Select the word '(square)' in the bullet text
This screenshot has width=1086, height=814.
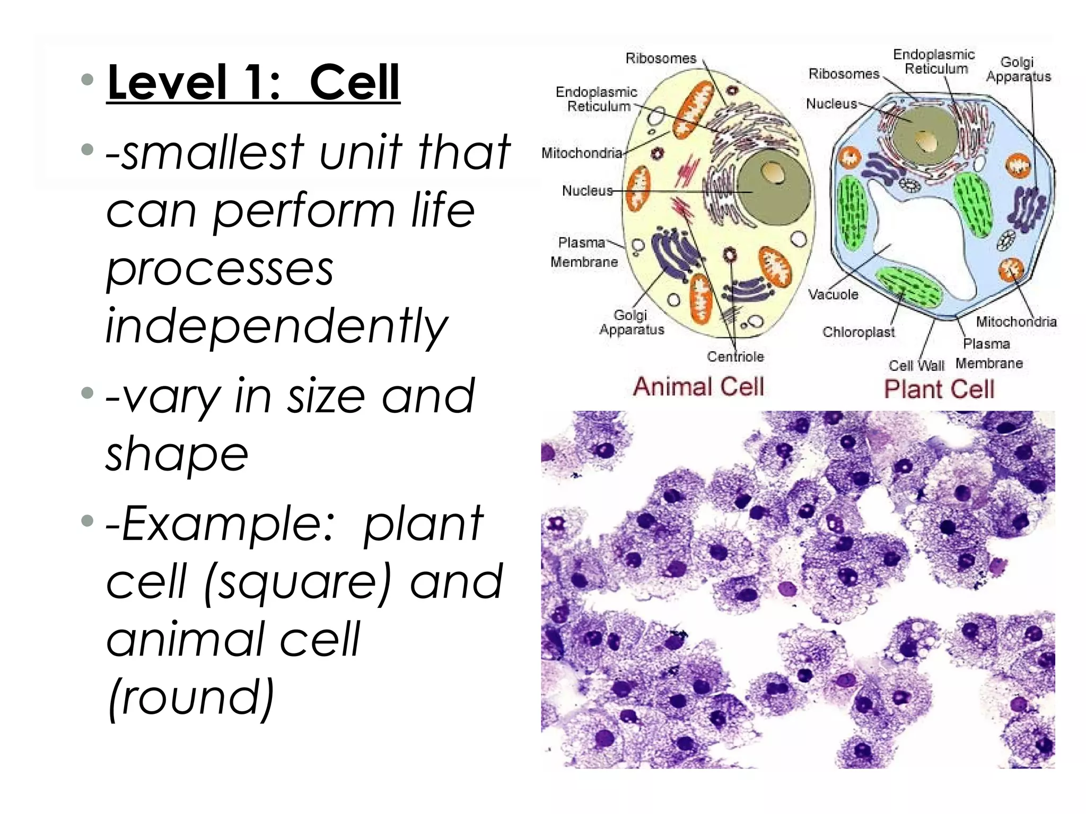point(297,582)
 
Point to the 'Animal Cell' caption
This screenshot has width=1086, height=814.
point(698,386)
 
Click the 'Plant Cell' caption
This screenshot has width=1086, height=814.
point(939,389)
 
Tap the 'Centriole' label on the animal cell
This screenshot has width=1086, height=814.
point(735,357)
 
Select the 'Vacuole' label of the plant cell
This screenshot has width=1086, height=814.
point(833,295)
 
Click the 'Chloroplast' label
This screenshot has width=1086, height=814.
point(858,332)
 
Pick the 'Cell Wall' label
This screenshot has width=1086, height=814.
point(916,366)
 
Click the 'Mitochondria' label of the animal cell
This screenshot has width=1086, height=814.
point(582,153)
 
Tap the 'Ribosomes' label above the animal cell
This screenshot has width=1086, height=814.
point(661,58)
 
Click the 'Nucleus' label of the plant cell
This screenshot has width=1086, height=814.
point(831,104)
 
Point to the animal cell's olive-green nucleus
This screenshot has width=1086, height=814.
point(773,187)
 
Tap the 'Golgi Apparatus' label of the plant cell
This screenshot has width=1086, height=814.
point(1018,69)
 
